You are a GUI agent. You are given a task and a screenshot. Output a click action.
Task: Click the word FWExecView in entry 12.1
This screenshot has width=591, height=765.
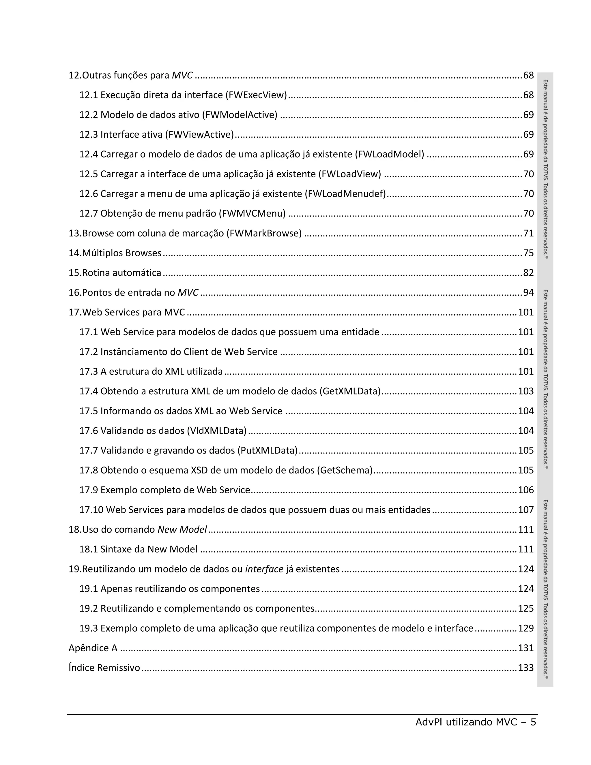(x=256, y=95)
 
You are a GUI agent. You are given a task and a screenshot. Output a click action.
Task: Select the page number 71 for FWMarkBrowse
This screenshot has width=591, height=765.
(x=528, y=233)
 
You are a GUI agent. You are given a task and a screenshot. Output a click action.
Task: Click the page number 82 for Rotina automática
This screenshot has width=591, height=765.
(x=528, y=273)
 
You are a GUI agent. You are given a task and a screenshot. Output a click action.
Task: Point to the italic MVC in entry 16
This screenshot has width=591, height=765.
(x=188, y=292)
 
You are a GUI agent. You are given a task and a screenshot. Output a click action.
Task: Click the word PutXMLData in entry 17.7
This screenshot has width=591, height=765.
(x=268, y=450)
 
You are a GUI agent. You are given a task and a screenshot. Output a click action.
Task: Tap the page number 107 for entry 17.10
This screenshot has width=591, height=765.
(x=526, y=510)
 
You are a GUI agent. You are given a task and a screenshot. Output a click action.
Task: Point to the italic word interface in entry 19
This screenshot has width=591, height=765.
(x=264, y=569)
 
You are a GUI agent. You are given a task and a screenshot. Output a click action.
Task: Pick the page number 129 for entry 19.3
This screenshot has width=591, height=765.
(x=526, y=628)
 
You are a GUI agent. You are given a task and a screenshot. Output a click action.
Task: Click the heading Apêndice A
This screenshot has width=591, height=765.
(x=93, y=648)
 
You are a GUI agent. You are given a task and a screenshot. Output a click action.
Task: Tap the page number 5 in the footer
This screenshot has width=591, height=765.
(x=533, y=722)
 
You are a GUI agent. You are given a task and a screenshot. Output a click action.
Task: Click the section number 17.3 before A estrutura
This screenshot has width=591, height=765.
(x=89, y=372)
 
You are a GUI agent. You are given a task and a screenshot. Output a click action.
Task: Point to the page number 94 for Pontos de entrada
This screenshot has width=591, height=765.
(x=528, y=292)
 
